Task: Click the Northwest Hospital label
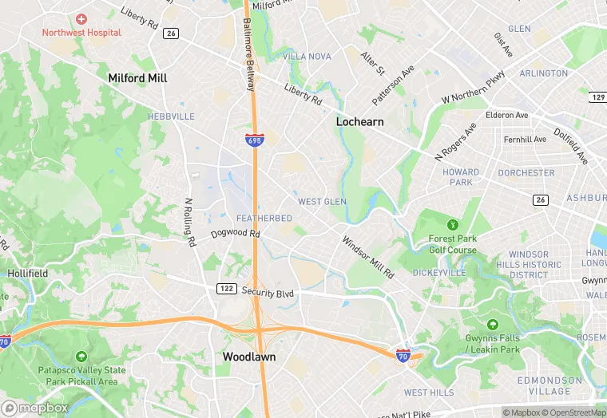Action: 81,33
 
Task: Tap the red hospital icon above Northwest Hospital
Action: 81,18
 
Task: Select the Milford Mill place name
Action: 137,78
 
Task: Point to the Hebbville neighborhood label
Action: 171,116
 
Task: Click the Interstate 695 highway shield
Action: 253,140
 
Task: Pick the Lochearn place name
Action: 359,122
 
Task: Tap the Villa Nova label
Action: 307,57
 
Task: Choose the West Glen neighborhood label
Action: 322,202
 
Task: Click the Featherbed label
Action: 264,219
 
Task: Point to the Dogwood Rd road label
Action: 236,235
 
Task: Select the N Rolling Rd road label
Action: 189,223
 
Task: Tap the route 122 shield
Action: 225,287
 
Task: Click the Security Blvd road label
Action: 268,293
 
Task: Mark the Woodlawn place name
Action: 249,357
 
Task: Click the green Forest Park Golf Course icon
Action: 453,225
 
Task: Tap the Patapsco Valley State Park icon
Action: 81,357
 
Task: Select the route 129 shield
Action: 598,97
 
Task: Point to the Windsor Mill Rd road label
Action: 368,257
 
